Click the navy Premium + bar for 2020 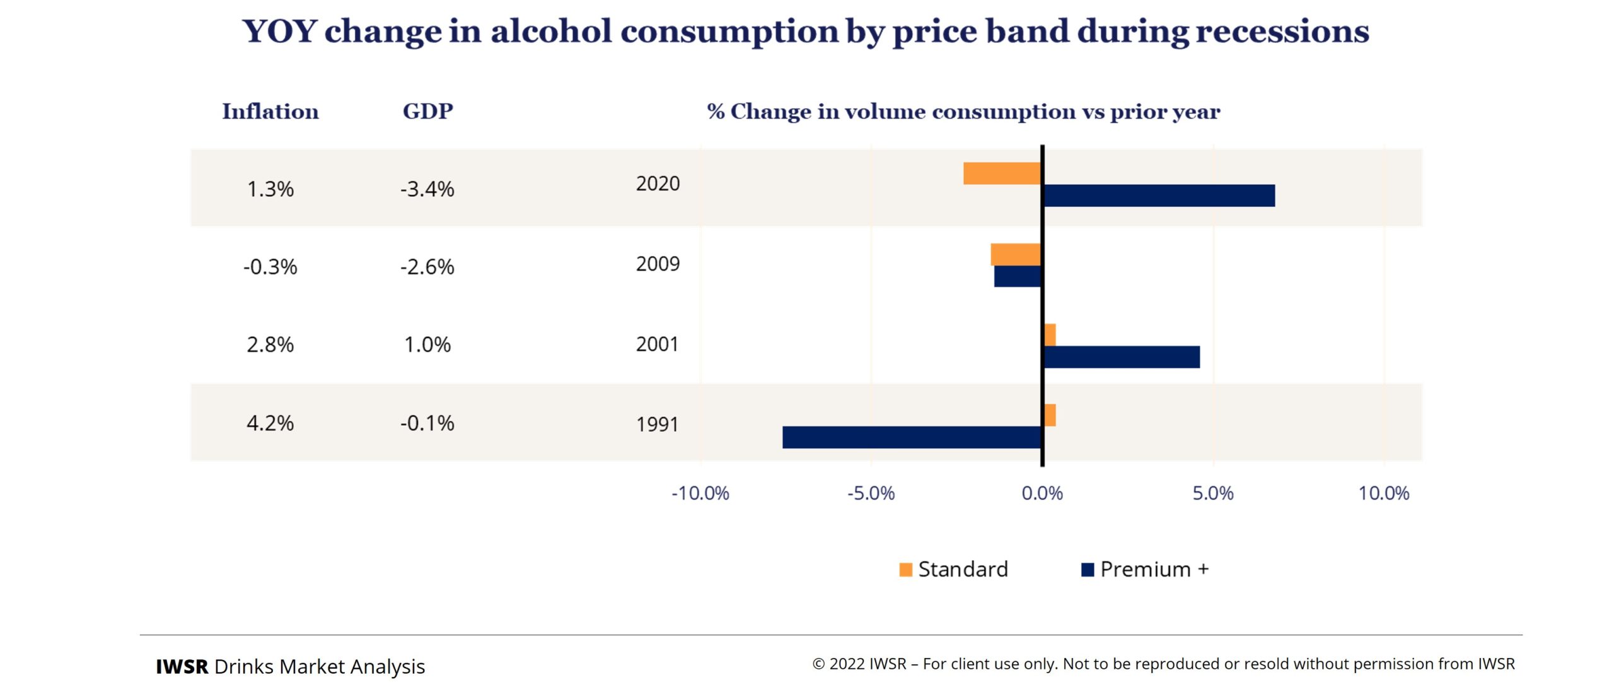pyautogui.click(x=1159, y=196)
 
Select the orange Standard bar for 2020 pyautogui.click(x=1002, y=173)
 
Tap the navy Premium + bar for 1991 pyautogui.click(x=912, y=437)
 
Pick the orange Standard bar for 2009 pyautogui.click(x=1016, y=254)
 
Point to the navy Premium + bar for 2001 pyautogui.click(x=1122, y=357)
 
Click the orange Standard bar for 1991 pyautogui.click(x=1050, y=415)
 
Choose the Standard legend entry pyautogui.click(x=953, y=569)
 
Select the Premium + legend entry pyautogui.click(x=1145, y=569)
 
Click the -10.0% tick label pyautogui.click(x=700, y=493)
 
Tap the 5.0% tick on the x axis pyautogui.click(x=1212, y=493)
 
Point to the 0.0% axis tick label pyautogui.click(x=1042, y=493)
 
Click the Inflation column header pyautogui.click(x=270, y=112)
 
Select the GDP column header pyautogui.click(x=427, y=112)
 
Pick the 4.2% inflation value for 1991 pyautogui.click(x=270, y=423)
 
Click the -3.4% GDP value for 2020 pyautogui.click(x=427, y=189)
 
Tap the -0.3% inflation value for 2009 pyautogui.click(x=270, y=267)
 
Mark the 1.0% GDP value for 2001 pyautogui.click(x=427, y=344)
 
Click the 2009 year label pyautogui.click(x=658, y=264)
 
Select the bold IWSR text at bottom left pyautogui.click(x=182, y=666)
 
